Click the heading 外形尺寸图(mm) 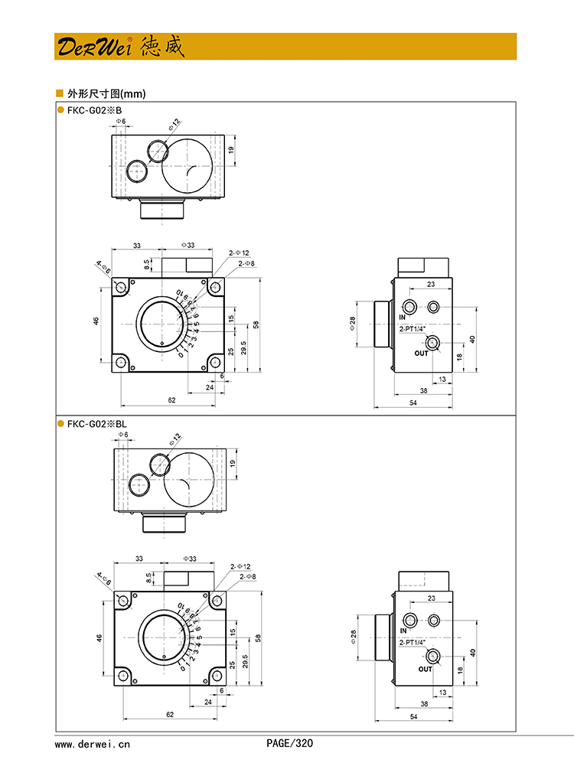tap(106, 94)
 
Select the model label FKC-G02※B tap(94, 110)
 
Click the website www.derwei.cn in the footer tap(93, 743)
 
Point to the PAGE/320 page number tap(290, 743)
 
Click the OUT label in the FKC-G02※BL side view tap(425, 669)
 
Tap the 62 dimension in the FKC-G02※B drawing tap(171, 400)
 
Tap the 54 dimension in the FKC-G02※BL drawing tap(413, 717)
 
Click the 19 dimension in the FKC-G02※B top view tap(231, 149)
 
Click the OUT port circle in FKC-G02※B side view tap(434, 344)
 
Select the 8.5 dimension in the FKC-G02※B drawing tap(147, 264)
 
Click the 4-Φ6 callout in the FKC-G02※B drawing tap(103, 266)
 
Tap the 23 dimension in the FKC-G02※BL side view tap(432, 598)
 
